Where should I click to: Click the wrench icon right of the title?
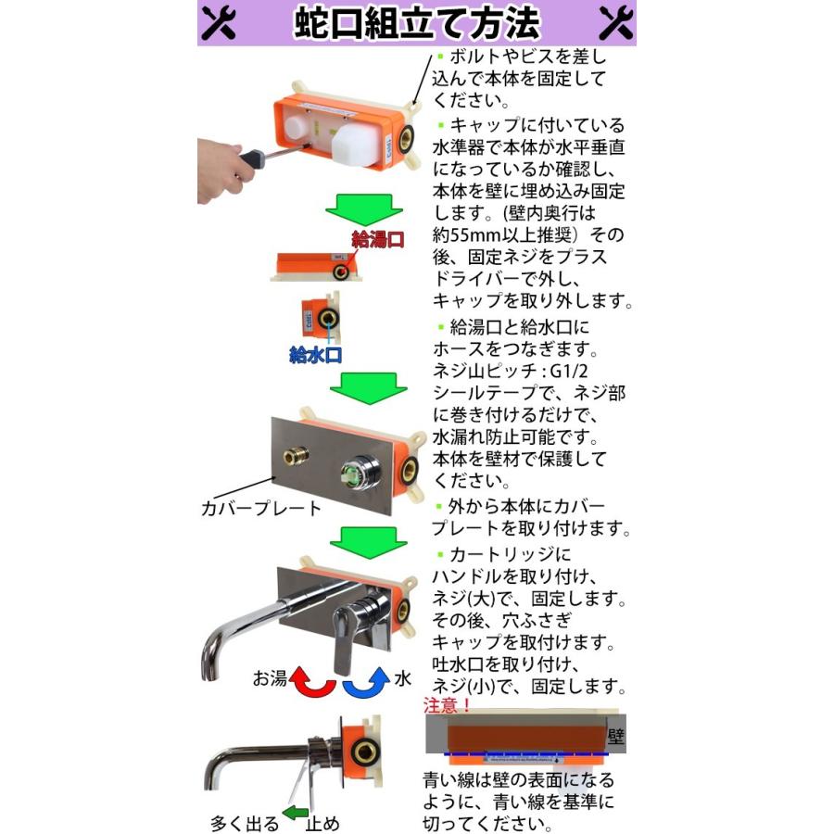[x=615, y=22]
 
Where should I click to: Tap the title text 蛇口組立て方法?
[x=417, y=23]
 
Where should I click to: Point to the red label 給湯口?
[x=378, y=239]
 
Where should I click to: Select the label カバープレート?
[x=261, y=508]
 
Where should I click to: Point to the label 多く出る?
[x=245, y=821]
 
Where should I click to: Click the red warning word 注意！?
[x=448, y=706]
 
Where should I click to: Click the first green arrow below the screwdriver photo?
[x=363, y=210]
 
